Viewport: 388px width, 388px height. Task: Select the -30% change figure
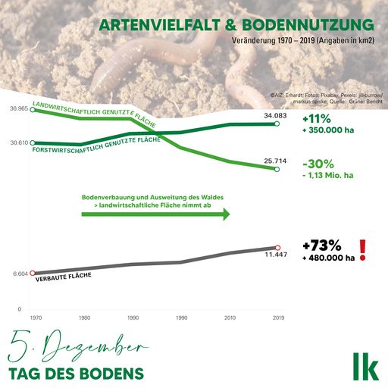tap(317, 164)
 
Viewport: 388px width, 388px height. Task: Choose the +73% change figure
tap(321, 246)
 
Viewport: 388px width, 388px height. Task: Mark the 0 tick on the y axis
tap(20, 309)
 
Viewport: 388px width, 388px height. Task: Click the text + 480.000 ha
tap(328, 258)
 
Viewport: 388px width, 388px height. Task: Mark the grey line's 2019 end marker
tap(277, 248)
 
